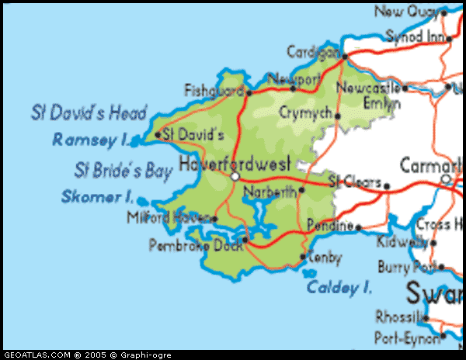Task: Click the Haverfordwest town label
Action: pyautogui.click(x=235, y=164)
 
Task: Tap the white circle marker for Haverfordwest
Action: pyautogui.click(x=235, y=178)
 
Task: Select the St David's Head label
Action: pyautogui.click(x=89, y=113)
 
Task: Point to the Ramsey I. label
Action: pyautogui.click(x=89, y=140)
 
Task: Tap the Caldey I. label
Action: pyautogui.click(x=339, y=288)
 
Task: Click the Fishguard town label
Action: pyautogui.click(x=214, y=91)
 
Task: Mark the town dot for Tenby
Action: pyautogui.click(x=302, y=258)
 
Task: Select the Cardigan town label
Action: pyautogui.click(x=313, y=52)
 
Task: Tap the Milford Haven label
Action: pyautogui.click(x=168, y=218)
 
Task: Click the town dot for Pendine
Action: pyautogui.click(x=359, y=227)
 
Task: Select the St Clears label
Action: pyautogui.click(x=355, y=183)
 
